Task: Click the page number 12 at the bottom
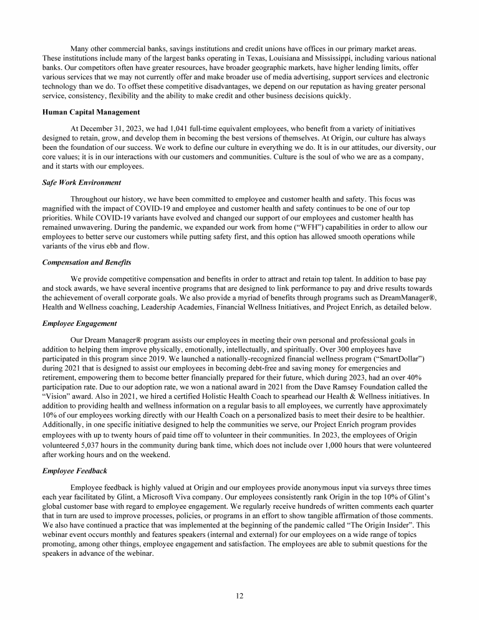[x=239, y=595]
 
